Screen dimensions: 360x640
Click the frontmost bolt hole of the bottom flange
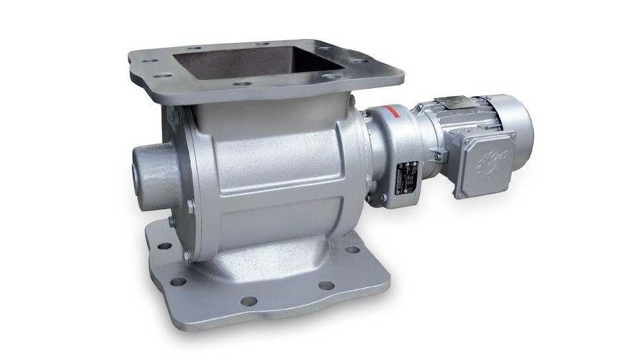[x=248, y=301]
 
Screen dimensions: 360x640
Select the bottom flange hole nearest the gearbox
[x=352, y=250]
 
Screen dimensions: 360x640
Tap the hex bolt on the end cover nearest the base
[x=187, y=255]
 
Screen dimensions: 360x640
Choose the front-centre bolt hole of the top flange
[x=242, y=85]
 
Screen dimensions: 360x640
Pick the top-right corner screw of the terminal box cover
[x=511, y=136]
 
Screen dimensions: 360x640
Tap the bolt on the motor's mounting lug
[x=437, y=157]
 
